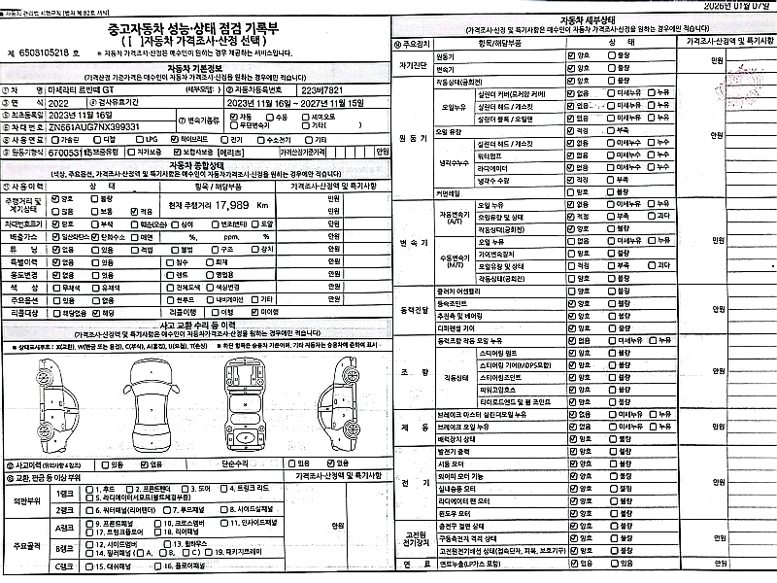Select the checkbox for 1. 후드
coord(89,489)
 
